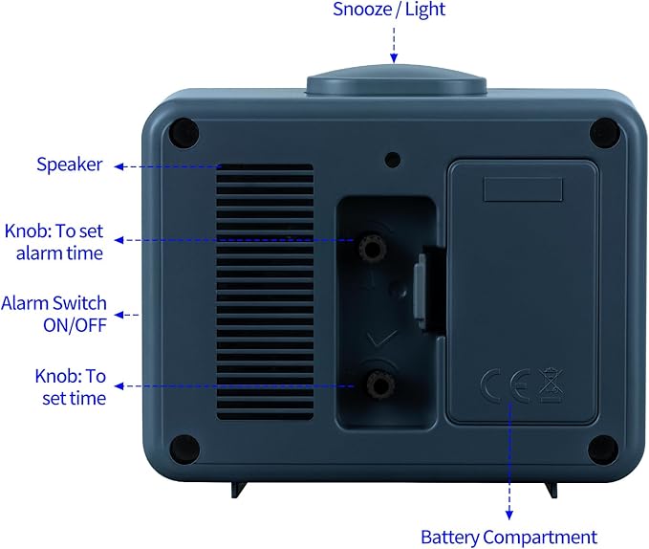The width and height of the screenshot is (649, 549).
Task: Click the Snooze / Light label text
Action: click(x=389, y=10)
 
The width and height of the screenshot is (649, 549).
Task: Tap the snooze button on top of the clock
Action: click(x=396, y=80)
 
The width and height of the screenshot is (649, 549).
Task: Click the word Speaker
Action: click(x=70, y=165)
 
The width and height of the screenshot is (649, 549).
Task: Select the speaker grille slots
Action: click(x=265, y=292)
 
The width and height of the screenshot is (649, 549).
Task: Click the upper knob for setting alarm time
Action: click(x=373, y=248)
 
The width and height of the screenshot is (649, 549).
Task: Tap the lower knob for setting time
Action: click(x=380, y=385)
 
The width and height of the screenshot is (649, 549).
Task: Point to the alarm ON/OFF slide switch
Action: click(x=422, y=292)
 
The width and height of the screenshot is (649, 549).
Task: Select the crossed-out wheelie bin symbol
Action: click(x=551, y=385)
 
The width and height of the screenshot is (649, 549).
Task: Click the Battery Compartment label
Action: click(x=509, y=538)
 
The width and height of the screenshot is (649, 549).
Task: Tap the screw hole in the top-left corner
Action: click(x=184, y=133)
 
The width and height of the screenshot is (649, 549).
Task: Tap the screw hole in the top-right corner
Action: click(x=605, y=133)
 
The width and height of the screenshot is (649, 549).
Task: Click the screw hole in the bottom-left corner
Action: click(x=184, y=450)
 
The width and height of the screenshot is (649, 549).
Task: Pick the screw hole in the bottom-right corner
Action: click(x=603, y=450)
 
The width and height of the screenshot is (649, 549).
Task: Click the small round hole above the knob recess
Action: click(x=393, y=160)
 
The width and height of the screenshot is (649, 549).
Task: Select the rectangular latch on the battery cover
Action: click(x=523, y=189)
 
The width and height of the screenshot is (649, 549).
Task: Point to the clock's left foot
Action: click(x=239, y=490)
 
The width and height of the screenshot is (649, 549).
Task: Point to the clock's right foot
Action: click(x=551, y=490)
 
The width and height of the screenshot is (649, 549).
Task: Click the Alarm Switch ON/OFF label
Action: click(x=54, y=315)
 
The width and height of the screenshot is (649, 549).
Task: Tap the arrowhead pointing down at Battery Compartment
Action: click(x=509, y=515)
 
